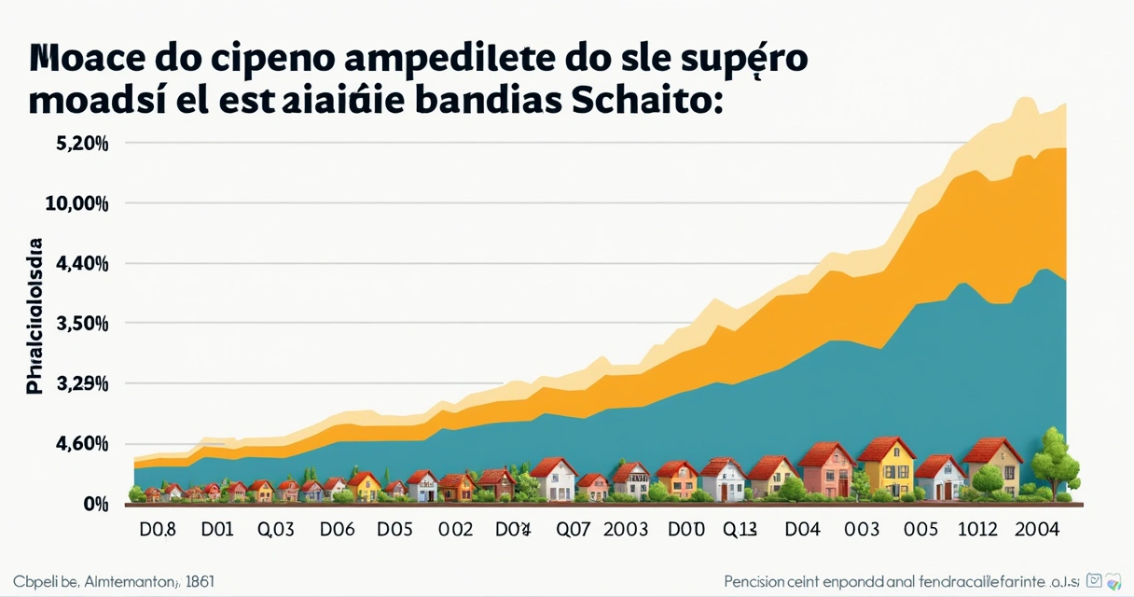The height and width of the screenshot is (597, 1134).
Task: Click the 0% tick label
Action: (96, 504)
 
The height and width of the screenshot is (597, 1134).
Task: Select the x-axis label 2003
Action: (625, 530)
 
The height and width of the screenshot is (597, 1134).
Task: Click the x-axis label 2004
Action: (1036, 530)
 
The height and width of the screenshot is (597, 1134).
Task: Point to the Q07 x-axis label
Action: (573, 530)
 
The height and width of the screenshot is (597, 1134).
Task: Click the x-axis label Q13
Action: (740, 530)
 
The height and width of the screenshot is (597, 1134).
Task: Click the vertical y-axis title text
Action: (35, 317)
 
